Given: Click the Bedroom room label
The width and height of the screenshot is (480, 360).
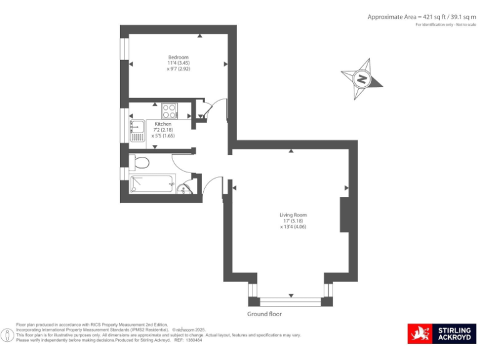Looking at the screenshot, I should pyautogui.click(x=178, y=57).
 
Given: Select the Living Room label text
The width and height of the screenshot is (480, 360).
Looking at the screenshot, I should pyautogui.click(x=293, y=215).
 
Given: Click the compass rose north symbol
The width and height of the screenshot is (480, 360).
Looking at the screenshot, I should pyautogui.click(x=361, y=79).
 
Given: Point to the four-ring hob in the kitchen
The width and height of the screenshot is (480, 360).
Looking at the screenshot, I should pyautogui.click(x=169, y=111).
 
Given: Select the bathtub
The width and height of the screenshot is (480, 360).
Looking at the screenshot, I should pyautogui.click(x=152, y=184).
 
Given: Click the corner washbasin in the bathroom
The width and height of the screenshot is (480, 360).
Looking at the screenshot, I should pyautogui.click(x=182, y=189).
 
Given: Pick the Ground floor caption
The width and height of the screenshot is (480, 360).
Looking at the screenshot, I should pyautogui.click(x=264, y=314).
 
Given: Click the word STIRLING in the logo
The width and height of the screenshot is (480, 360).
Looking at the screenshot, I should pyautogui.click(x=455, y=329).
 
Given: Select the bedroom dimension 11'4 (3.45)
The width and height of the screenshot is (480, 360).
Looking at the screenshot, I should pyautogui.click(x=178, y=63).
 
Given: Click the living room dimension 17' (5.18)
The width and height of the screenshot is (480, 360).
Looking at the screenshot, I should pyautogui.click(x=293, y=221).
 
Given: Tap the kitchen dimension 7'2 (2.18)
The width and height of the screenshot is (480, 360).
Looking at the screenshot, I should pyautogui.click(x=162, y=129).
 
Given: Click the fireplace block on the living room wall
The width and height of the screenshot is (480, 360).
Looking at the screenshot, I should pyautogui.click(x=344, y=215).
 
